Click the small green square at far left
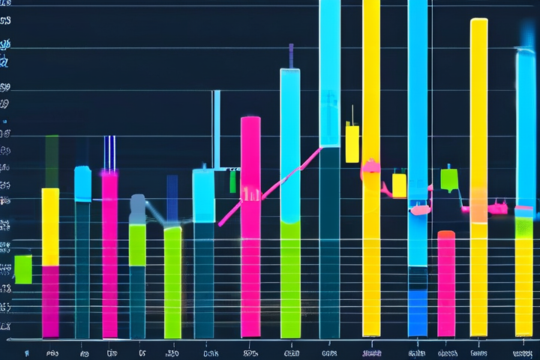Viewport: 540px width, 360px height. click(x=23, y=269)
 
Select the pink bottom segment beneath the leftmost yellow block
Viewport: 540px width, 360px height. click(x=50, y=300)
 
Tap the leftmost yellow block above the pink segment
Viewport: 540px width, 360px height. click(x=50, y=226)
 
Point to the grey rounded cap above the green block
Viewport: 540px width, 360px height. click(x=138, y=208)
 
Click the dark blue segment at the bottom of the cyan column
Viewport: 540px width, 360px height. click(x=418, y=311)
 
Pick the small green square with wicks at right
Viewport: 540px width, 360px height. click(x=449, y=179)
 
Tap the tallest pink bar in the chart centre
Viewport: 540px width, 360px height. click(x=250, y=225)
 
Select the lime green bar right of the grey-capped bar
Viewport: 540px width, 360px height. click(x=172, y=281)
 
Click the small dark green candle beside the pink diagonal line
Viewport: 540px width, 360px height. click(x=233, y=181)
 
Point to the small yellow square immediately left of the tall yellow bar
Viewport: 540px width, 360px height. click(x=352, y=143)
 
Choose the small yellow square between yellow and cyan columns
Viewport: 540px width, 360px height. click(x=399, y=184)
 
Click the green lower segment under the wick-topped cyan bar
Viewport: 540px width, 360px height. click(x=290, y=277)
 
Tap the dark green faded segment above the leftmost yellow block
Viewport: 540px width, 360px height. click(x=52, y=161)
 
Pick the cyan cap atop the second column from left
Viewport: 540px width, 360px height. click(x=82, y=184)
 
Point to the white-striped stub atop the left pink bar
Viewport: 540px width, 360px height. click(x=109, y=153)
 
